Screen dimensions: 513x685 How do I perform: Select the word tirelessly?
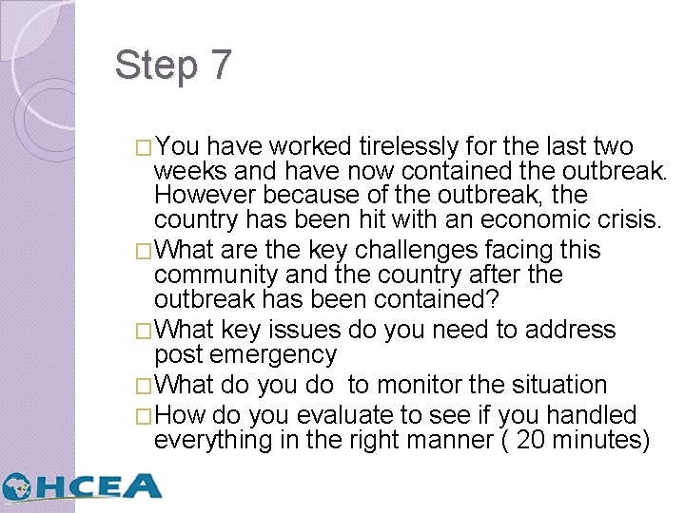(410, 146)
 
